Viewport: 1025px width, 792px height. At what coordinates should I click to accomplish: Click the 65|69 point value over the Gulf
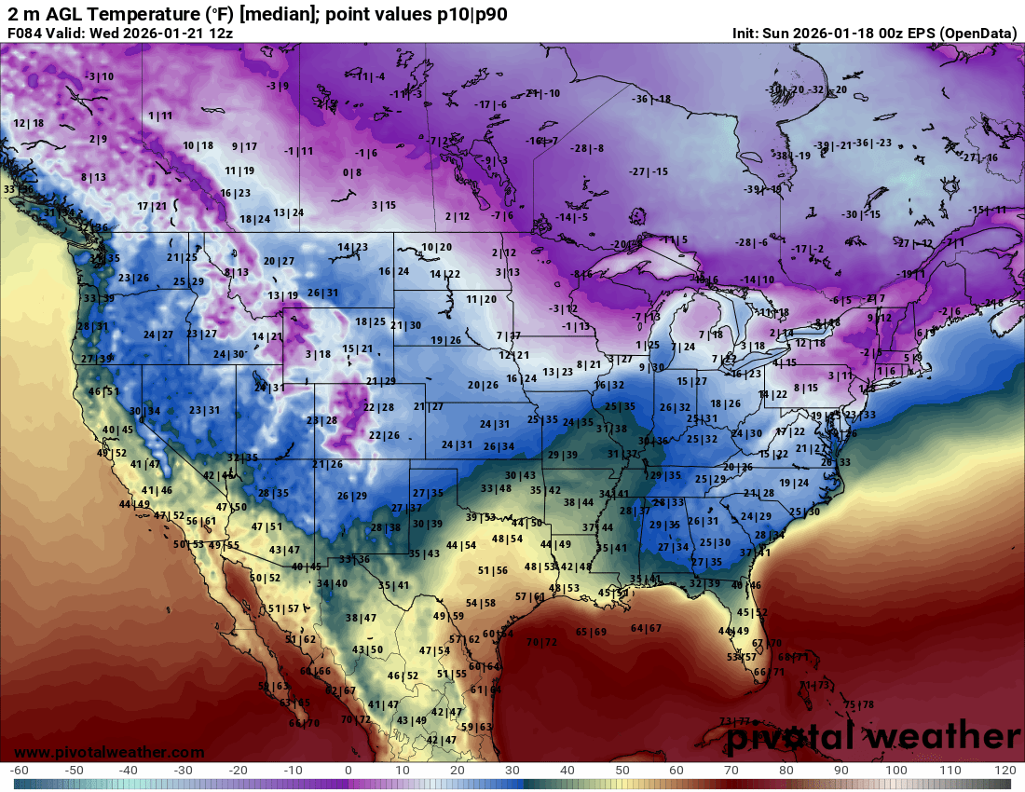591,632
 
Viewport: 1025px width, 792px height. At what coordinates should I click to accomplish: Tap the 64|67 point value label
646,628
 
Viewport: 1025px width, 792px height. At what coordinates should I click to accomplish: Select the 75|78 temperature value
858,704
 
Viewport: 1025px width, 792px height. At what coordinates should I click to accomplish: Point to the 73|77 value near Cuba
735,721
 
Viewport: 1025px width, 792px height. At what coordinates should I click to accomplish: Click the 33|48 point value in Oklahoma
496,488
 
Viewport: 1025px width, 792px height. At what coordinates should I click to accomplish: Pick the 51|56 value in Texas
493,570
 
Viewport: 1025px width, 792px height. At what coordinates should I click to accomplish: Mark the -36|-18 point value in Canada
651,99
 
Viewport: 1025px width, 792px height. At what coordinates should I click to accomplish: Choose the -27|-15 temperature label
649,171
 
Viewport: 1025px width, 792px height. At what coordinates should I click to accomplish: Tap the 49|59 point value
448,616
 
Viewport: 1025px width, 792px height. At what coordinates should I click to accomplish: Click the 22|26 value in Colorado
384,435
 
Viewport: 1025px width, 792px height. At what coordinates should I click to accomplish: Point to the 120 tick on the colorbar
1004,771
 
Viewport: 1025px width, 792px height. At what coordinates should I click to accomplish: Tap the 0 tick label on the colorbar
348,771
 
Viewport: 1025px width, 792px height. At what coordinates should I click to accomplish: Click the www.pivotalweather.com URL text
109,752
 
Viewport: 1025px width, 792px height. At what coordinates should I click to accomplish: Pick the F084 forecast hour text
26,33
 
